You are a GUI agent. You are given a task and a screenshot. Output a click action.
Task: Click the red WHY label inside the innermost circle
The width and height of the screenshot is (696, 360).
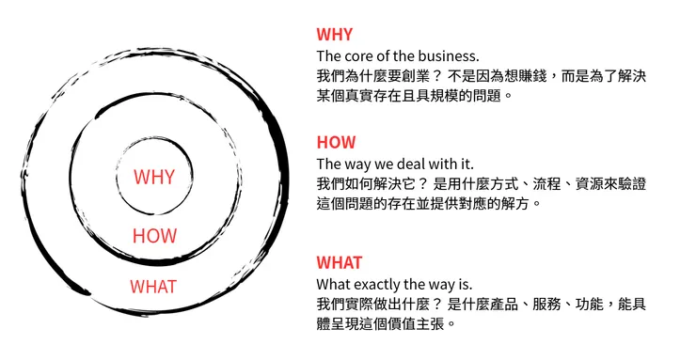[x=153, y=177]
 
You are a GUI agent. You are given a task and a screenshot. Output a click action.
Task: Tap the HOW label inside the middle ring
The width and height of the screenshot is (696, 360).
[x=154, y=236]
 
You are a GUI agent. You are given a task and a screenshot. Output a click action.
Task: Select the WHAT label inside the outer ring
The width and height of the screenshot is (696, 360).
[x=152, y=286]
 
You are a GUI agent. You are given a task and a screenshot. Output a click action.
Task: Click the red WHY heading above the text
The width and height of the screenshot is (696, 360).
[x=335, y=35]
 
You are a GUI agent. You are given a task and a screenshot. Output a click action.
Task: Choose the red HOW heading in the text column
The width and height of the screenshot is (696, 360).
[x=336, y=143]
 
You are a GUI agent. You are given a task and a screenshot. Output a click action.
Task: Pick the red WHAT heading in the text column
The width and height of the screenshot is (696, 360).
[x=340, y=262]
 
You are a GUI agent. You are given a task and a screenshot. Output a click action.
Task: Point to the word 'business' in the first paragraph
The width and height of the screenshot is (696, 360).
[x=445, y=55]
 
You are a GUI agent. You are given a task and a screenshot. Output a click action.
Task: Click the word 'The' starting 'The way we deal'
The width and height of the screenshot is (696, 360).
[x=328, y=164]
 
